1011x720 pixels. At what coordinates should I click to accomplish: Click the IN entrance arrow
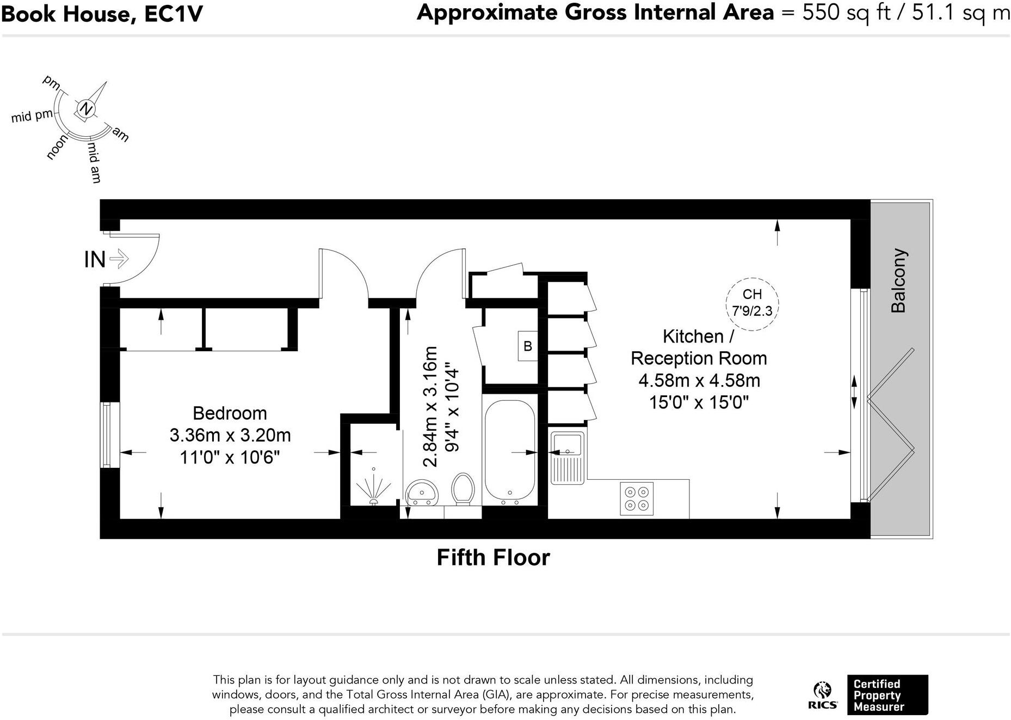pos(119,259)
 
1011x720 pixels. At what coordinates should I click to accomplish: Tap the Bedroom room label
pos(230,413)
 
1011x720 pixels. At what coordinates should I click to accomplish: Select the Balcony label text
pos(898,280)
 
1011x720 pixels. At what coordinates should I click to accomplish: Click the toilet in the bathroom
pos(463,489)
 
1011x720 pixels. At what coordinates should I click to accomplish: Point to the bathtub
pos(509,450)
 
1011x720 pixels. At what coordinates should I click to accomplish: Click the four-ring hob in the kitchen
pos(637,498)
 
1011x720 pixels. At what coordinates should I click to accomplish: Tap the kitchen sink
pos(568,458)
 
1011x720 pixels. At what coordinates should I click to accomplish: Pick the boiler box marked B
pos(527,346)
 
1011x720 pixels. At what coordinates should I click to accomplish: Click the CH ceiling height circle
pos(752,303)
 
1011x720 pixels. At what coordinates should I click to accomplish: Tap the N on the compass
pos(85,109)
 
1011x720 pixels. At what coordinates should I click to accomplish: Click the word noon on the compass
pos(58,147)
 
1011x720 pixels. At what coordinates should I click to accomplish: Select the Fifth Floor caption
pos(494,558)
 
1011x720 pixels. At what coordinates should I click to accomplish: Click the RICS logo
pos(823,695)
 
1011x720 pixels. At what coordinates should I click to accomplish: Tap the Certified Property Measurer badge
pos(887,695)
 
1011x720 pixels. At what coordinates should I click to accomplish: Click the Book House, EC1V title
pos(102,14)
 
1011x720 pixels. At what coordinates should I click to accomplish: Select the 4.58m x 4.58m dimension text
pos(699,380)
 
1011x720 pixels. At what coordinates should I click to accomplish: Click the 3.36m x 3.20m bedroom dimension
pos(230,435)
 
